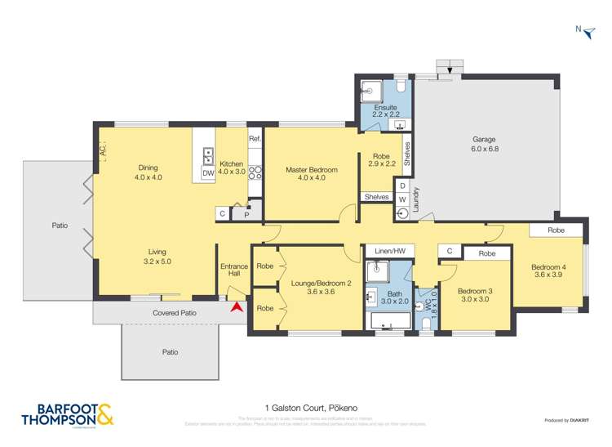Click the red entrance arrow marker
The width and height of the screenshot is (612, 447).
pos(237,307)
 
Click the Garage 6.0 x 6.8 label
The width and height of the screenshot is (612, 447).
pos(484,144)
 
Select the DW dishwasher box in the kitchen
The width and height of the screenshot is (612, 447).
pos(208,172)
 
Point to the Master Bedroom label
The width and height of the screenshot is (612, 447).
pos(311,174)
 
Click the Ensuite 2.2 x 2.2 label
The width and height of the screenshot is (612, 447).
pos(386,111)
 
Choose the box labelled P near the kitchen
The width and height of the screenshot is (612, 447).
pos(246,213)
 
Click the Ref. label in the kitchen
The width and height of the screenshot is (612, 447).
pos(254,138)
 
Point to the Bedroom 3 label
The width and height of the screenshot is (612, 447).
pos(473,295)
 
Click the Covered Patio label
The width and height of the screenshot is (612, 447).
pos(175,312)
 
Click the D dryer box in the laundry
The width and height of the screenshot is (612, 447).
pos(402,186)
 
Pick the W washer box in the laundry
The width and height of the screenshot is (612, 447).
pos(402,199)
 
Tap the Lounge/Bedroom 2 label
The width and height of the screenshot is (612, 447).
pos(310,287)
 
